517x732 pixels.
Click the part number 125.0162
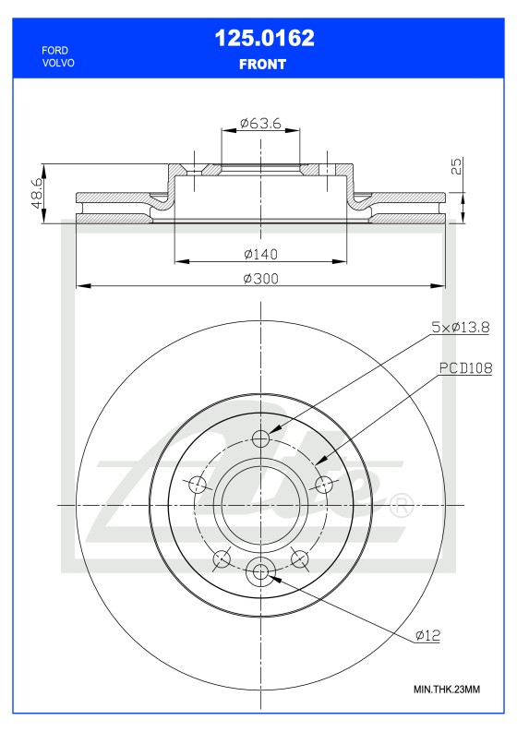pyautogui.click(x=264, y=39)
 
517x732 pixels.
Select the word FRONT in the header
pyautogui.click(x=263, y=65)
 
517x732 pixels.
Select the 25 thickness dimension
pyautogui.click(x=456, y=167)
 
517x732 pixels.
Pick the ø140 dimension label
pyautogui.click(x=261, y=254)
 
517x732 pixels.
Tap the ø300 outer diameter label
pyautogui.click(x=261, y=279)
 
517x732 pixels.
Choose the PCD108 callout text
pyautogui.click(x=464, y=367)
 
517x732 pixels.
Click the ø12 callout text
pyautogui.click(x=430, y=635)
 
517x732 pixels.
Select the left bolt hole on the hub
pyautogui.click(x=196, y=485)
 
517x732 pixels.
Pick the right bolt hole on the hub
pyautogui.click(x=323, y=485)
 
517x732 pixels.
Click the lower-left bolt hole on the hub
pyautogui.click(x=221, y=558)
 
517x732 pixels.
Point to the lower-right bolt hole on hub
pyautogui.click(x=299, y=558)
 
